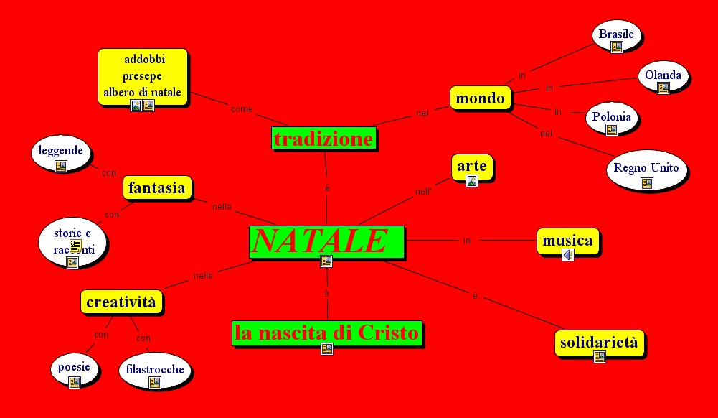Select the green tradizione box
[x=324, y=139]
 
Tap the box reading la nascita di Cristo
[x=327, y=333]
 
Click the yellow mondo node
[x=481, y=98]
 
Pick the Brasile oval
[x=616, y=34]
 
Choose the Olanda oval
[x=663, y=75]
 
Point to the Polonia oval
[x=612, y=117]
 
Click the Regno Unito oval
[x=646, y=169]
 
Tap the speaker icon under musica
[x=568, y=255]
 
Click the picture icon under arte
[x=472, y=181]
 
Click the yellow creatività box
[x=121, y=302]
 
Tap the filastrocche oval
[x=155, y=370]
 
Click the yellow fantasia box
[x=157, y=188]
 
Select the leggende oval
[x=62, y=152]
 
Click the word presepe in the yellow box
[x=142, y=76]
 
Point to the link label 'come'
[x=242, y=109]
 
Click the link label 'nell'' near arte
[x=423, y=192]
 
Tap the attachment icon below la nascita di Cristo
[x=327, y=349]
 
